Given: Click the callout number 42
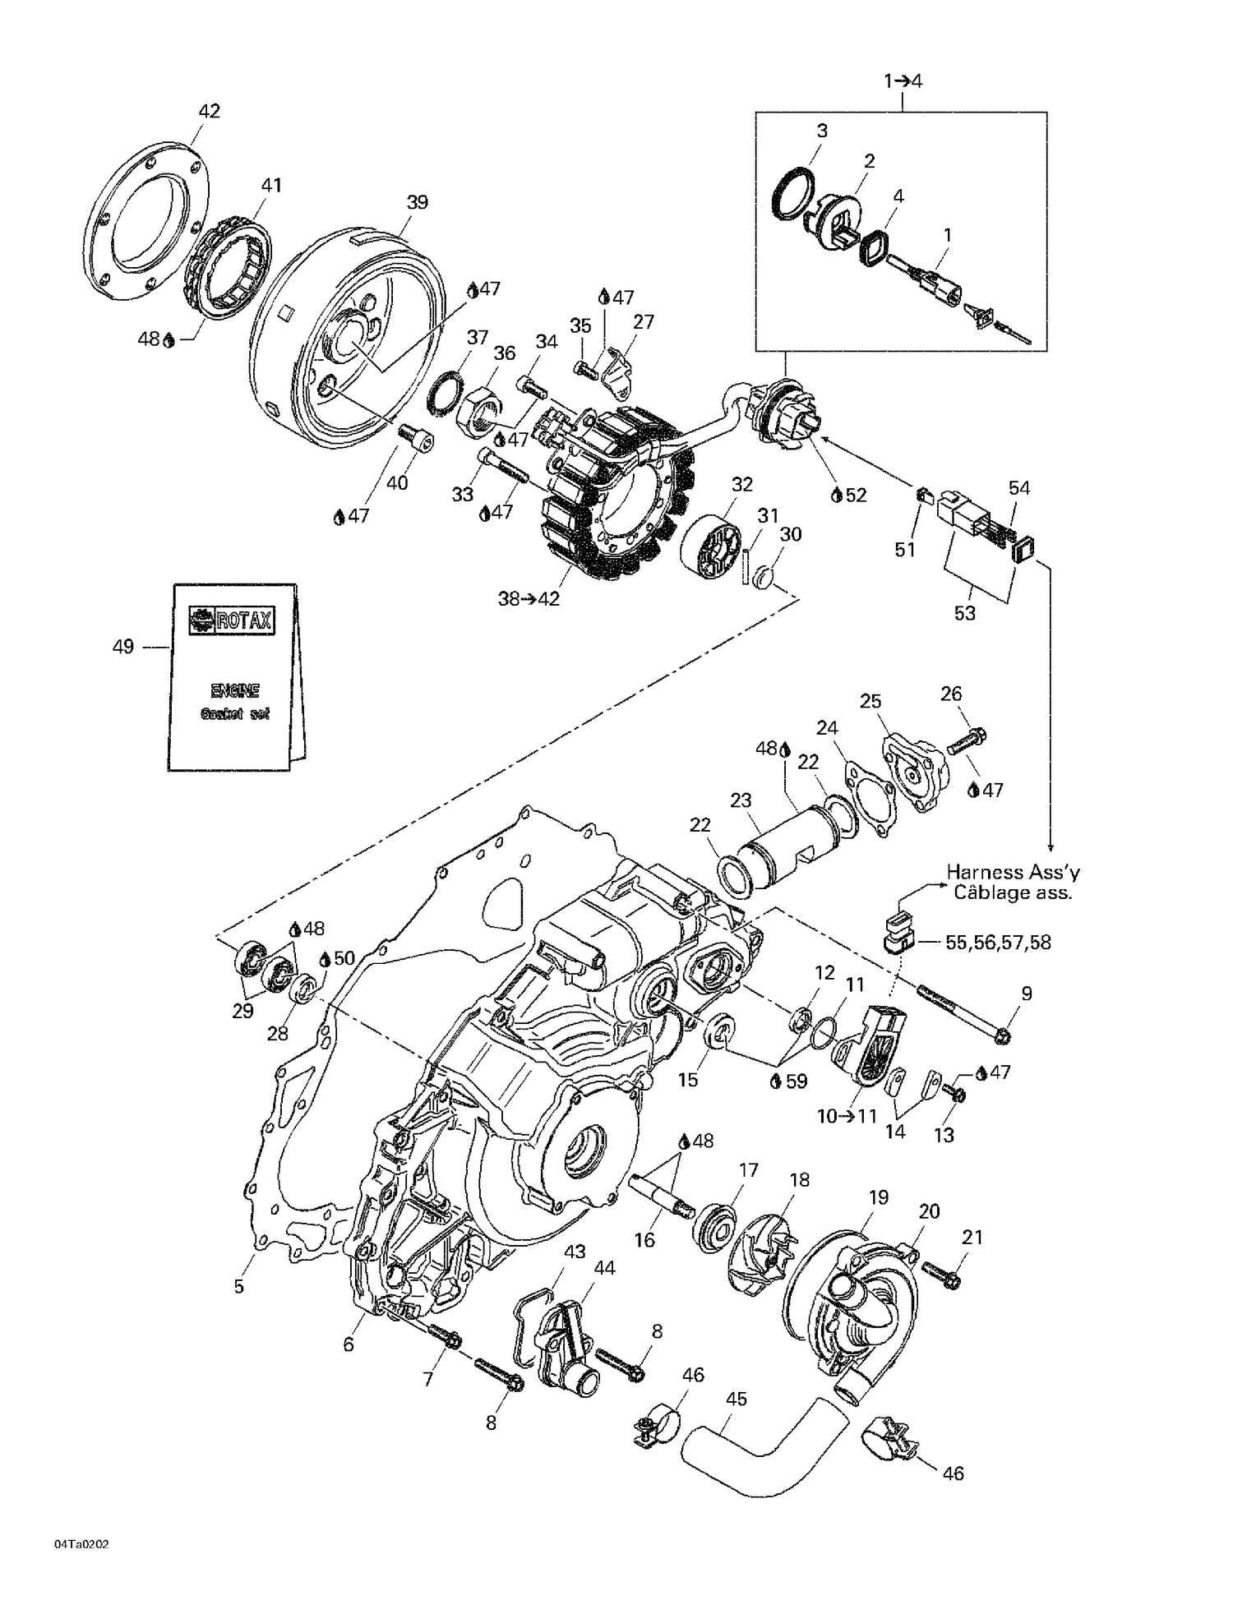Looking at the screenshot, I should [x=210, y=111].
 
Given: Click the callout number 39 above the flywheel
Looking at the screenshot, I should [x=418, y=202].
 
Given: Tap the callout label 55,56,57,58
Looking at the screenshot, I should [x=998, y=943].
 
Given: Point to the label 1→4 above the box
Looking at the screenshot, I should [x=903, y=81].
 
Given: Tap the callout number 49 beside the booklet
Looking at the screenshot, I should [x=122, y=648].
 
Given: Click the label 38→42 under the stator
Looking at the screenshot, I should [x=529, y=599].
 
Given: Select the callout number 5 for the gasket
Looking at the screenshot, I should [x=238, y=1286].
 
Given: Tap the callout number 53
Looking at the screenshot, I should [x=964, y=613].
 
